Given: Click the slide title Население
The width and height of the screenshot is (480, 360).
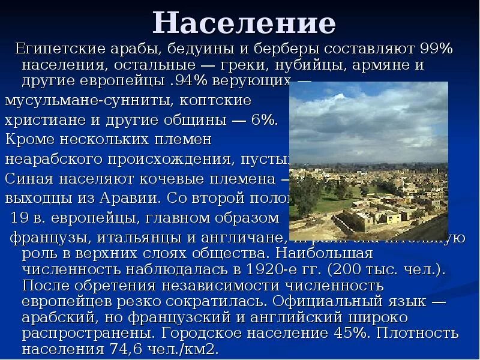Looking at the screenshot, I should coord(244,23).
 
